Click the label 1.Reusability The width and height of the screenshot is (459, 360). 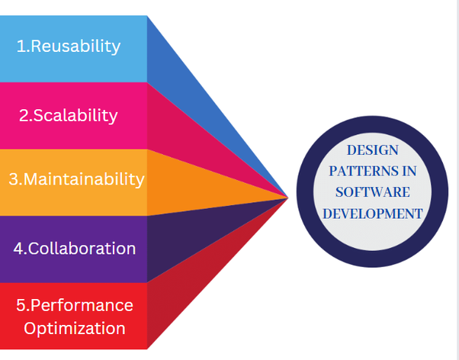[69, 47]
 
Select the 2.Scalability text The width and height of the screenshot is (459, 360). [69, 115]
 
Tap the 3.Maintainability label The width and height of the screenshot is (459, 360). [76, 179]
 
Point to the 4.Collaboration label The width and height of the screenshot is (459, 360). [75, 249]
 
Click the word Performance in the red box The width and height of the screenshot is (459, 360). [82, 305]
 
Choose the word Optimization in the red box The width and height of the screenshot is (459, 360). [75, 328]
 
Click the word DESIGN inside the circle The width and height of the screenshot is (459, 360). [372, 150]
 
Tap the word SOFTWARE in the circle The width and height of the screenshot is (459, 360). [372, 192]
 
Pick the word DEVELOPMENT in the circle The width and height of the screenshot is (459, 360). [372, 214]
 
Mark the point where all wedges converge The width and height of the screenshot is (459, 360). [288, 198]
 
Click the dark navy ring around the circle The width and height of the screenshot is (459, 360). [305, 191]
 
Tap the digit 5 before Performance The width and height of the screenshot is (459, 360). [22, 305]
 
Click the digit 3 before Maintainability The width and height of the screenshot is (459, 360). [14, 179]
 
